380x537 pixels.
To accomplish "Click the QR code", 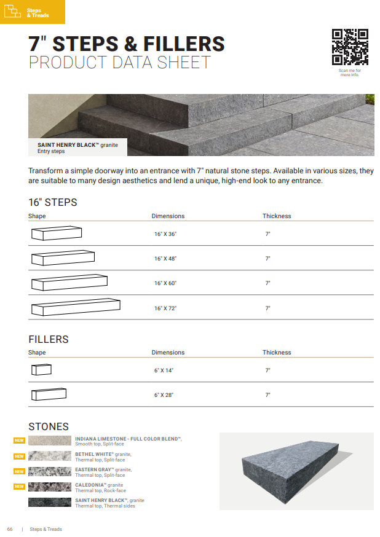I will (x=349, y=47).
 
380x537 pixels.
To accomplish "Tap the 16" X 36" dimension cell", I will (x=165, y=234).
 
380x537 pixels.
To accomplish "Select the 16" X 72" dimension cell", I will (x=165, y=308).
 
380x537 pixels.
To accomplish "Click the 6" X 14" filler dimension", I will (x=164, y=370).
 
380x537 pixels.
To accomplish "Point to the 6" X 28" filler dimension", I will (x=164, y=395).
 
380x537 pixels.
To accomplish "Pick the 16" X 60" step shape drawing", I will (x=69, y=283).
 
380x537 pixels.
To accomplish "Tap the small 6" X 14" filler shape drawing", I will (x=41, y=369).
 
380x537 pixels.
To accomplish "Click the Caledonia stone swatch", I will (x=49, y=487).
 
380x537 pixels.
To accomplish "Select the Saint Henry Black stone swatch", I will (x=49, y=502).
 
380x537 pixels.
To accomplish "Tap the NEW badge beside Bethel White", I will (x=19, y=457).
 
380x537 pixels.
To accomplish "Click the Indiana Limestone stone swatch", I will (x=49, y=441).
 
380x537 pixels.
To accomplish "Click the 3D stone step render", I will (x=297, y=471).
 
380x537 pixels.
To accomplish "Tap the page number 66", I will (x=10, y=529).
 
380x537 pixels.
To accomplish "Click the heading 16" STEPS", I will (x=53, y=202).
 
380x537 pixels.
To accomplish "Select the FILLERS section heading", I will (x=49, y=339).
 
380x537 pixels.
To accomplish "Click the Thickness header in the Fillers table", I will (x=277, y=353).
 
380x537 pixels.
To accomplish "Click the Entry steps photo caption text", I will (x=52, y=151).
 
